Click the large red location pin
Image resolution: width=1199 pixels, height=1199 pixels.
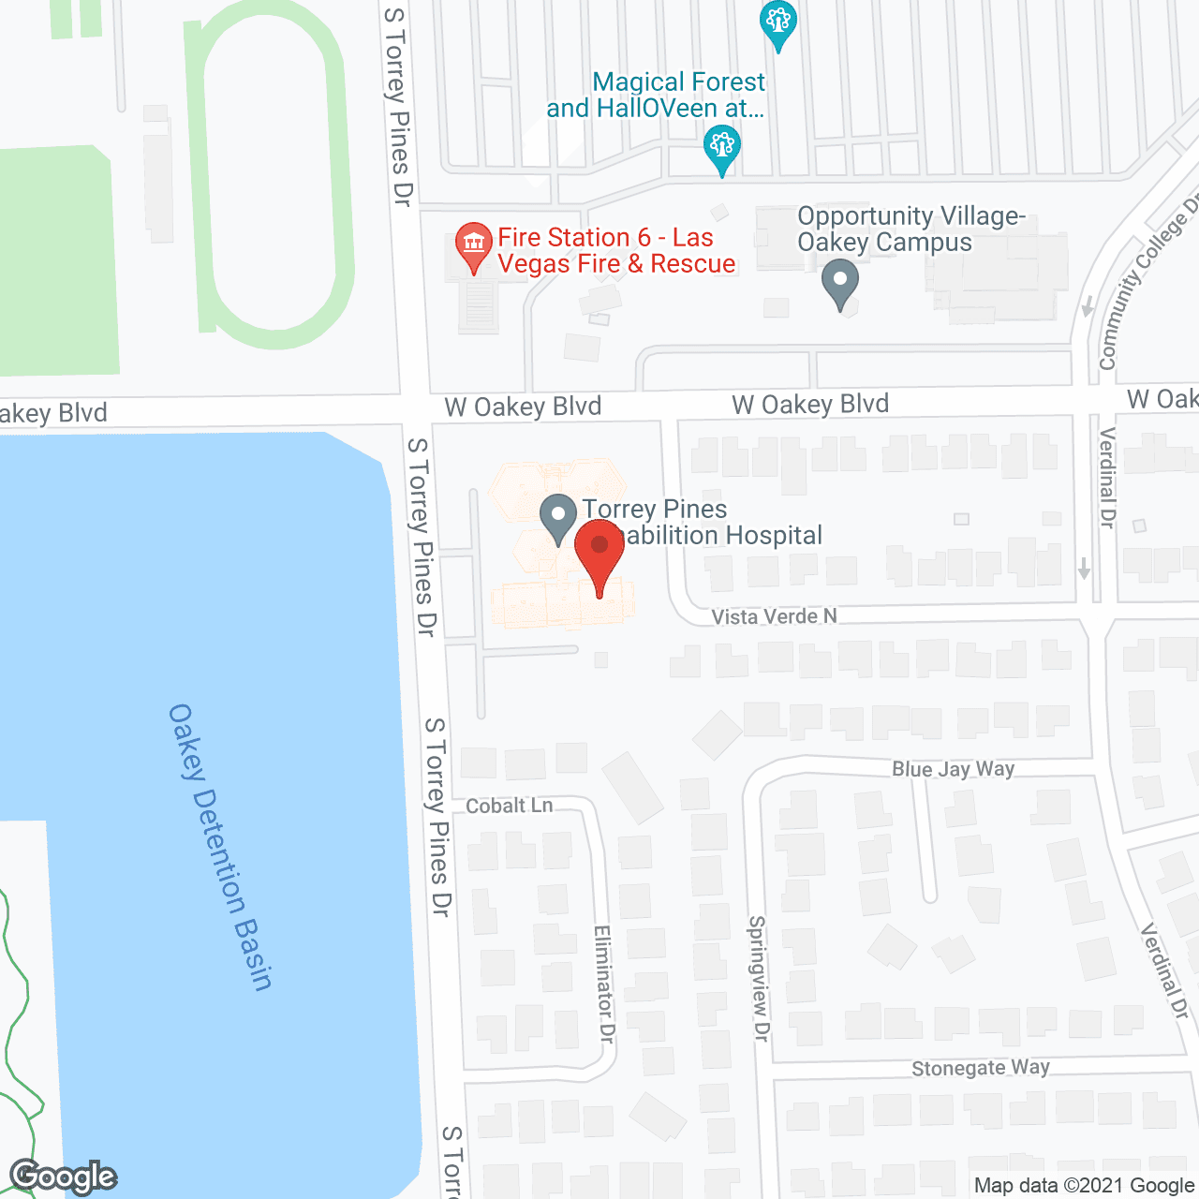click(x=599, y=556)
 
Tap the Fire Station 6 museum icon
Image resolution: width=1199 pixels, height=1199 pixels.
click(x=474, y=244)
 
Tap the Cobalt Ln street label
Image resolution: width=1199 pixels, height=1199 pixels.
click(x=509, y=806)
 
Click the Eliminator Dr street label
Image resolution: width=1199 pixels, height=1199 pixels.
click(x=604, y=984)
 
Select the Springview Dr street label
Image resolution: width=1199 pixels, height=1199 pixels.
click(x=758, y=978)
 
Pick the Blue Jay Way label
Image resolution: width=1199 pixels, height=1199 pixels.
click(x=953, y=769)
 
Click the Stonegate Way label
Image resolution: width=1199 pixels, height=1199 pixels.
click(x=981, y=1068)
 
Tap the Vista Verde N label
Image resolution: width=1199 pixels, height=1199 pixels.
click(x=774, y=616)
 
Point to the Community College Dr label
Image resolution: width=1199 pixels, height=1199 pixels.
click(x=1148, y=287)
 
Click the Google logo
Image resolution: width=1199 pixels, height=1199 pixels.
click(x=64, y=1177)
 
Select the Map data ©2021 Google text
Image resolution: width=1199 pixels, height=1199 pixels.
click(x=1084, y=1186)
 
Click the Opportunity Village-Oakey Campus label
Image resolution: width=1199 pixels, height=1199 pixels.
click(x=910, y=229)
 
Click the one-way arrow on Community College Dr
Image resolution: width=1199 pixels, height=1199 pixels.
click(x=1088, y=306)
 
